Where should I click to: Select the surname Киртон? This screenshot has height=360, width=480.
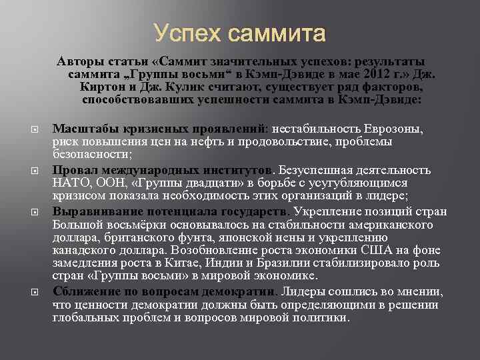tap(105, 87)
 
